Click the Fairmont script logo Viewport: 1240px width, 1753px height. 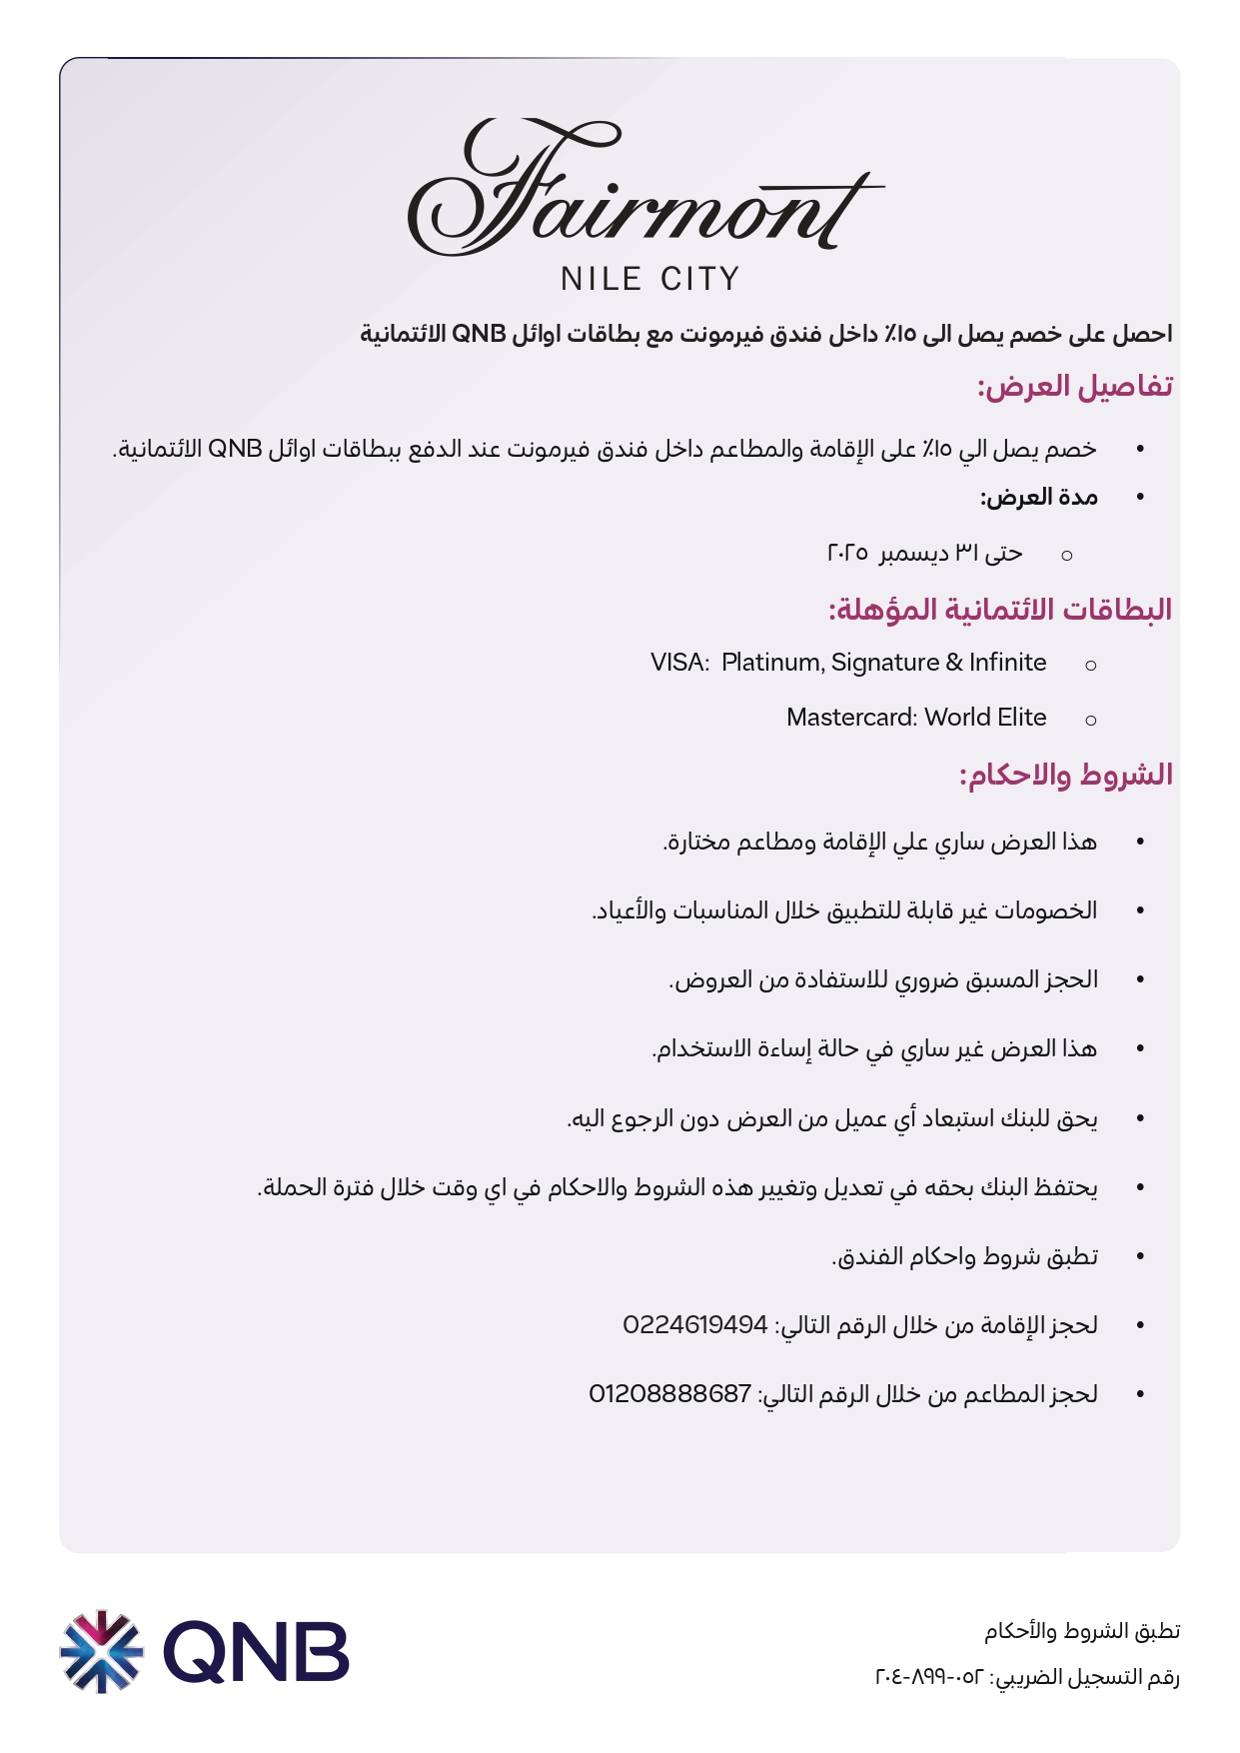644,190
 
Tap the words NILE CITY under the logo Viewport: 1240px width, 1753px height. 649,279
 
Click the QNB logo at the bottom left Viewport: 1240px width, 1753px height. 205,1651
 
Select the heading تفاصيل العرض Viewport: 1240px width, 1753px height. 1074,387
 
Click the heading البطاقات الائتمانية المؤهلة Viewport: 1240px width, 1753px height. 999,610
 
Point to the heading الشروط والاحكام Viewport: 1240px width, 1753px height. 1065,775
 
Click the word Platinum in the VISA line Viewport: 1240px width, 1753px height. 772,663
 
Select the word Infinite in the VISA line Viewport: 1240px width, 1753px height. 1007,663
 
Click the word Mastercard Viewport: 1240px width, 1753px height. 851,718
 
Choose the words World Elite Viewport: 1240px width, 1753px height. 985,718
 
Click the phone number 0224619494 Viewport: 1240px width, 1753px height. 695,1325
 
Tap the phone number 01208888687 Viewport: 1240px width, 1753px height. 669,1394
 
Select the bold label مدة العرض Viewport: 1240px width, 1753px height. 1039,498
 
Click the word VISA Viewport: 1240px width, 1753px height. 679,663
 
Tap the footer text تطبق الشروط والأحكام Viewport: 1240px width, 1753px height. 1082,1631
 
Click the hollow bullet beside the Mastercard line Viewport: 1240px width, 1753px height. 1091,720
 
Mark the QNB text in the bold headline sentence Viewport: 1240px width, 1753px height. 479,334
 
